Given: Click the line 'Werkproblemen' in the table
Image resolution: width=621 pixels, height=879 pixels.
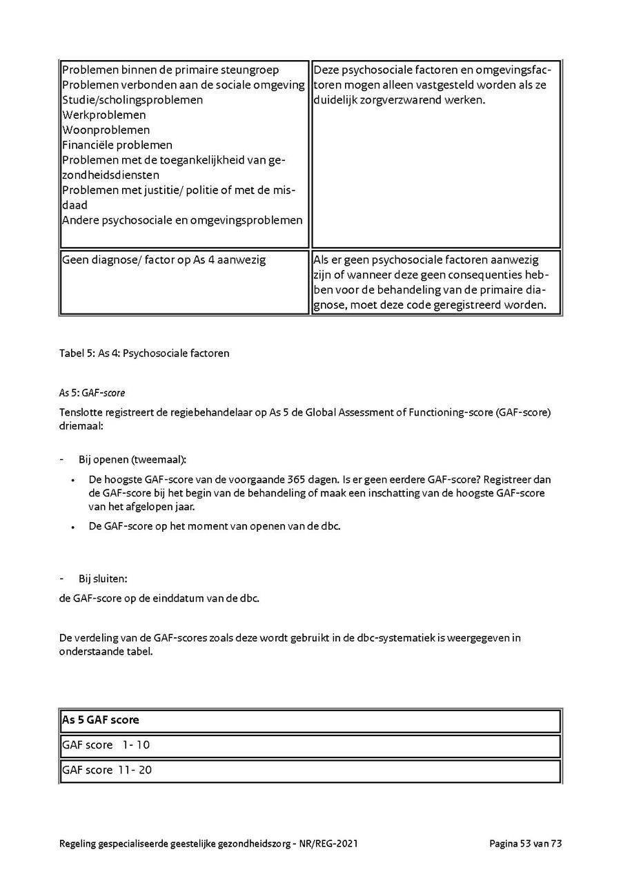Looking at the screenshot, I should pos(104,115).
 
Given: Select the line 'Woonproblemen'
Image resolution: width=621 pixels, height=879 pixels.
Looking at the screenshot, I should pos(106,131).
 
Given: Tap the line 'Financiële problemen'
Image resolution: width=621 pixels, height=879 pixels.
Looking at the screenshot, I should pos(117,145).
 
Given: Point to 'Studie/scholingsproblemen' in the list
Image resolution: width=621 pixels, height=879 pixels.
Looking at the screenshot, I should pos(132,100).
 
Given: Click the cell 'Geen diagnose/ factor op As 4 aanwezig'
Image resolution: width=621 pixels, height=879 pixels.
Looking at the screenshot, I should pos(164,260).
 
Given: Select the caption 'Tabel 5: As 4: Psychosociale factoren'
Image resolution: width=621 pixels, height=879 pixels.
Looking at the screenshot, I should pos(144,354).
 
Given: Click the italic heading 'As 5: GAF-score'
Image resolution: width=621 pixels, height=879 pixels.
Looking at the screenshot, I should pos(92,393).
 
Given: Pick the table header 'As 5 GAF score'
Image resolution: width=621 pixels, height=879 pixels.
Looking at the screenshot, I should pos(101,720).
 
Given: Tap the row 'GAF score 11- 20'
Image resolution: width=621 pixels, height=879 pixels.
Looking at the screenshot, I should pos(107,770).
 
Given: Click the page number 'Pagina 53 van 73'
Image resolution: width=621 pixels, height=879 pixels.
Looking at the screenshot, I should pos(526,844).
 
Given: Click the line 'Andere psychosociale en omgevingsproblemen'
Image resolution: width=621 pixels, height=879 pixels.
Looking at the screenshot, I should pos(182,220).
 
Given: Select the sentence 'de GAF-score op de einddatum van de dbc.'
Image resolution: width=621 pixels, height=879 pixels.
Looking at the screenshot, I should pos(159,599).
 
